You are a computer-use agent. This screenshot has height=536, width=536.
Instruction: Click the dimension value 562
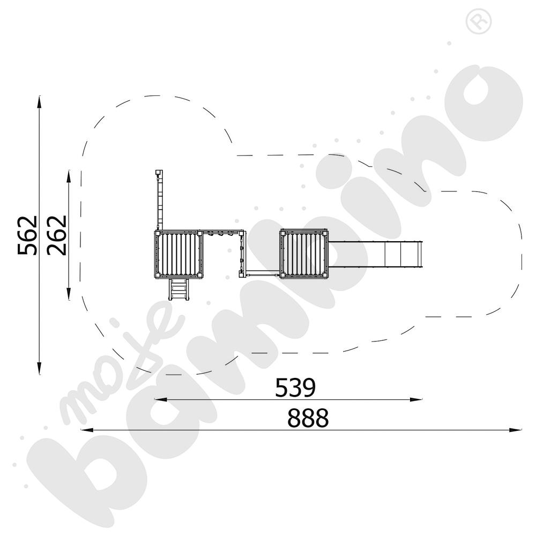coord(27,235)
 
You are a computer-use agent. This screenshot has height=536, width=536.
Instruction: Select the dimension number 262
coord(57,235)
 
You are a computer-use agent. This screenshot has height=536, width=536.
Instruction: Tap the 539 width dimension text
coord(295,388)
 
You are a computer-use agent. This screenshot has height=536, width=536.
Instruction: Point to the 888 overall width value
coord(308,418)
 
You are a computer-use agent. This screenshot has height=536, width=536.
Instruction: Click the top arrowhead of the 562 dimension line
coord(39,102)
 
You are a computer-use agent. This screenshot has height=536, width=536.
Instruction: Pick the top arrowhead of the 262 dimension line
coord(69,177)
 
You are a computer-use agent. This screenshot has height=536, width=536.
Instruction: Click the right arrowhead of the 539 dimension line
coord(416,399)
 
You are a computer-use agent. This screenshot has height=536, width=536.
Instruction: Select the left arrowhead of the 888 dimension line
coord(87,430)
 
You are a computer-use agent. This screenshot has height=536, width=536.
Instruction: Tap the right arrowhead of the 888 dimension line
coord(515,430)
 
